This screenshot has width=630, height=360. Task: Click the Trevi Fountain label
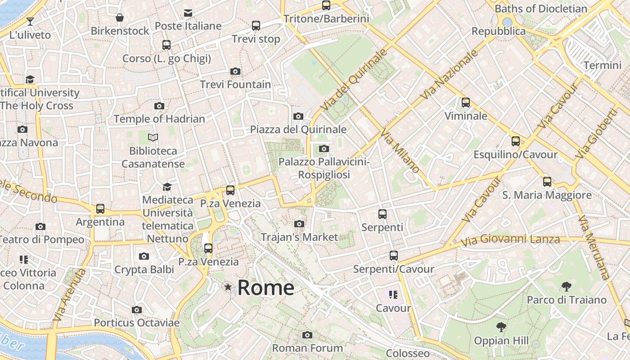(x=235, y=85)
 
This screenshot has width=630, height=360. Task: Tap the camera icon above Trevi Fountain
(x=235, y=71)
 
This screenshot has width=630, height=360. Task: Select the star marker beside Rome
(x=228, y=287)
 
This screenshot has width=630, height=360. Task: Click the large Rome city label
(x=265, y=288)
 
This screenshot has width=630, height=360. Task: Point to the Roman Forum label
(x=307, y=348)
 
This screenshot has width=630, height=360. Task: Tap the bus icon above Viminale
(x=466, y=103)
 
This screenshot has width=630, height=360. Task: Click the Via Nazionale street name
(x=449, y=75)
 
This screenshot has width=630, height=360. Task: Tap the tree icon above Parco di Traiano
(x=567, y=286)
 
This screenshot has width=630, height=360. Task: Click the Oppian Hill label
(x=501, y=341)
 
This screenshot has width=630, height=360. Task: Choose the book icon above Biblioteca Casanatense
(x=153, y=137)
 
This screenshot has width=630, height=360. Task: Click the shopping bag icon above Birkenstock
(x=120, y=18)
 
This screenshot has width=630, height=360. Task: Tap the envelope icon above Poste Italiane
(x=188, y=13)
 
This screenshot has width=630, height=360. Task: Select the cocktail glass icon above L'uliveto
(x=30, y=21)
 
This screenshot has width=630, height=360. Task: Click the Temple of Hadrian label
(x=159, y=119)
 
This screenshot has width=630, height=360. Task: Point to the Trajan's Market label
(x=299, y=237)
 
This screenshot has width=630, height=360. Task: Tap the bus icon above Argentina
(x=100, y=209)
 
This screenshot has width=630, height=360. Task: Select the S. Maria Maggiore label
(x=547, y=195)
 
